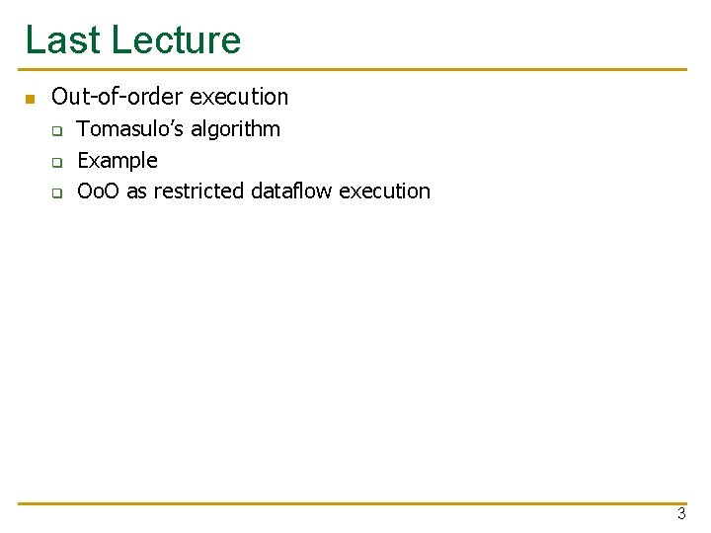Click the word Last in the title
point(61,40)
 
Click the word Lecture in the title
point(176,40)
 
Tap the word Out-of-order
point(117,97)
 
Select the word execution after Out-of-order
point(239,97)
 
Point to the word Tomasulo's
point(128,129)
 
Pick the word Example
point(118,160)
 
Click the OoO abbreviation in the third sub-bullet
point(99,190)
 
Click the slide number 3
point(681,513)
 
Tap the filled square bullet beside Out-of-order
point(30,99)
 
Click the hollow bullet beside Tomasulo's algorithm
point(57,130)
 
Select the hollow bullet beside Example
point(57,161)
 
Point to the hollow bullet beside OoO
point(57,192)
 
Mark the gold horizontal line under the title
point(355,70)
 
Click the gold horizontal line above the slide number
point(355,503)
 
